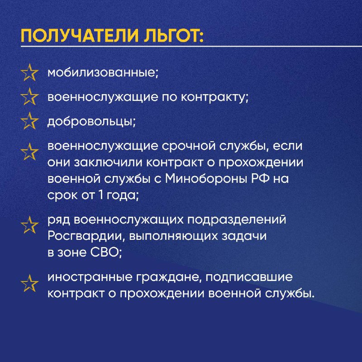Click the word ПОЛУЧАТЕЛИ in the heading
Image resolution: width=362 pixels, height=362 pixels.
[x=80, y=36]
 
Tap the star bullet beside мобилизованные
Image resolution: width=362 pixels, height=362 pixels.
[x=29, y=72]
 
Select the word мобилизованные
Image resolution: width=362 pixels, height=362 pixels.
[x=102, y=73]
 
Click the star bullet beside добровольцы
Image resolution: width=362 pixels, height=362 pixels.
[x=29, y=121]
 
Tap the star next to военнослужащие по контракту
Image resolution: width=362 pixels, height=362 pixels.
[x=29, y=96]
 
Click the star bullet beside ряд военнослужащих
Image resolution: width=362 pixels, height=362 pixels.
[x=29, y=225]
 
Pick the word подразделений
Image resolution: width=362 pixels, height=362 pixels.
[x=237, y=219]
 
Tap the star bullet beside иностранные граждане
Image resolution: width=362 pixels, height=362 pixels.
[x=29, y=283]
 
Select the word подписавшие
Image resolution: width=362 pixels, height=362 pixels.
[x=249, y=277]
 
